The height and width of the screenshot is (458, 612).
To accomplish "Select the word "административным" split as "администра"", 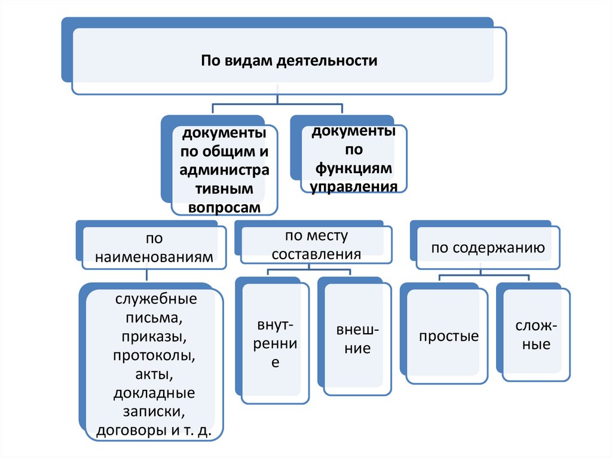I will click(224, 170).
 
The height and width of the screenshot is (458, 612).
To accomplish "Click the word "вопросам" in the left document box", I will click(224, 207).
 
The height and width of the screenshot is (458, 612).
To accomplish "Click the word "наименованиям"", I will click(154, 258).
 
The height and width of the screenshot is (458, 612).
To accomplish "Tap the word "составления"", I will click(316, 253).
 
